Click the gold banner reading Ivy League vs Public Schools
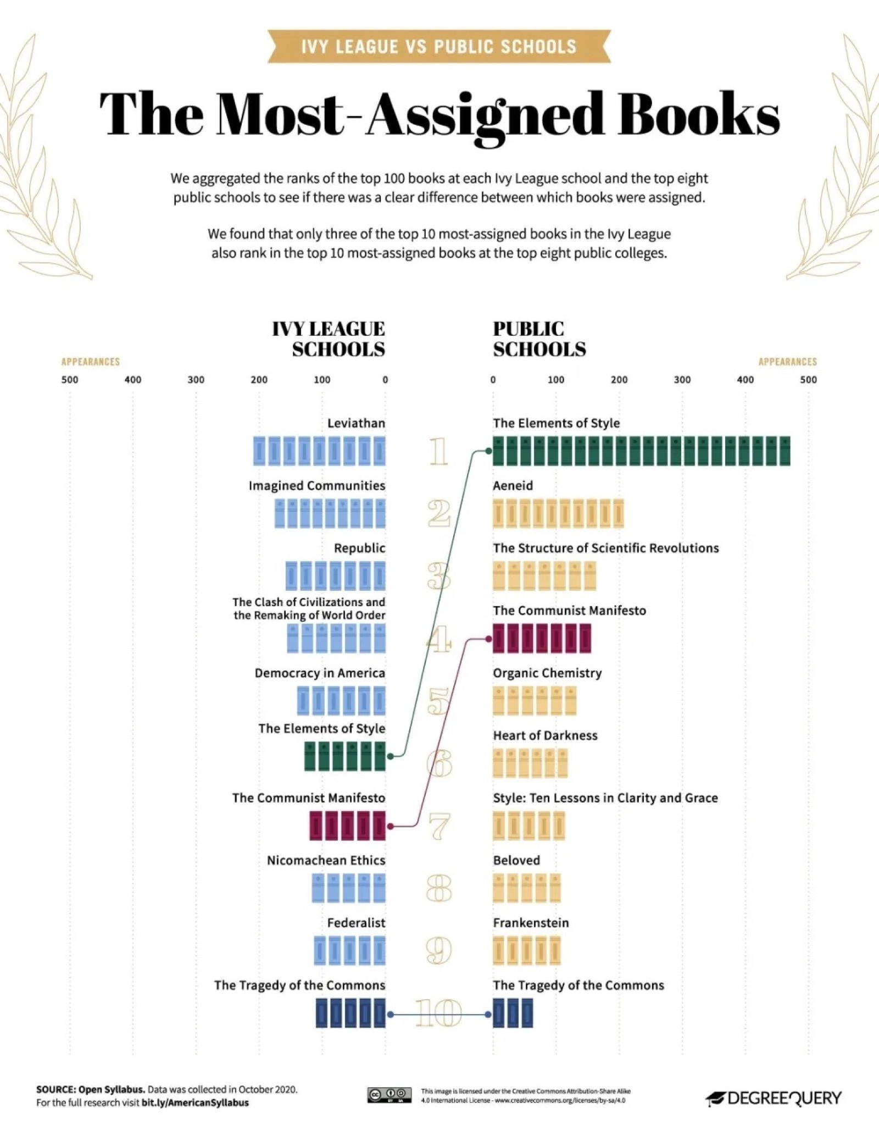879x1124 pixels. pyautogui.click(x=438, y=46)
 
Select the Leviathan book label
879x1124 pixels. pyautogui.click(x=356, y=423)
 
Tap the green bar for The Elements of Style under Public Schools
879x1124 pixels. pyautogui.click(x=641, y=451)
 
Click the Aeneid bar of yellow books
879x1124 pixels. pyautogui.click(x=558, y=513)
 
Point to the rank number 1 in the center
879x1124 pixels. pyautogui.click(x=438, y=452)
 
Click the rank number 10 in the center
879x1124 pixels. pyautogui.click(x=438, y=1014)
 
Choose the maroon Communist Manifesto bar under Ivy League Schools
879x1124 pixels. pyautogui.click(x=347, y=826)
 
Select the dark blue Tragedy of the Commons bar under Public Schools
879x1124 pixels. pyautogui.click(x=513, y=1013)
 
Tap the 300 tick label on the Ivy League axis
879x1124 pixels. pyautogui.click(x=196, y=380)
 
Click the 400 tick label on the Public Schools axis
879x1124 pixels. pyautogui.click(x=745, y=380)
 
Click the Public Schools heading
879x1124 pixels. pyautogui.click(x=538, y=339)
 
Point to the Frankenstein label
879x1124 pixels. pyautogui.click(x=531, y=923)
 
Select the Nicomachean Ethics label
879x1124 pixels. pyautogui.click(x=326, y=860)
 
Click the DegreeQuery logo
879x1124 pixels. pyautogui.click(x=774, y=1098)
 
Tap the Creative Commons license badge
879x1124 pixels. pyautogui.click(x=389, y=1094)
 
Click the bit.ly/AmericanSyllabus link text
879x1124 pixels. pyautogui.click(x=195, y=1103)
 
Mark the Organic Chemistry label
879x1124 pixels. pyautogui.click(x=547, y=673)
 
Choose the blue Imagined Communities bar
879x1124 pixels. pyautogui.click(x=330, y=513)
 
